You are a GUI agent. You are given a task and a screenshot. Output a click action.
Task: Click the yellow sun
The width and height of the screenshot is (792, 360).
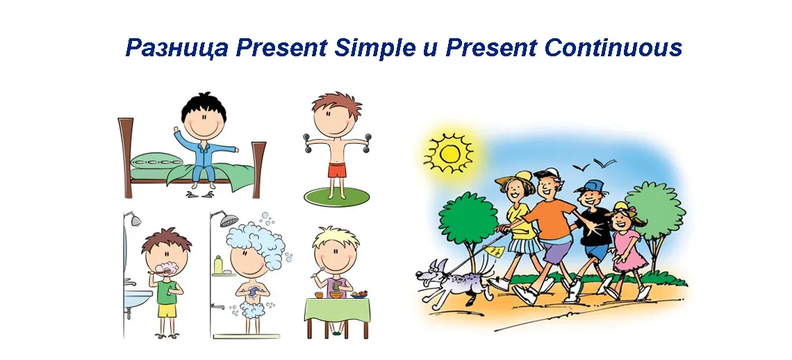pos(448,153)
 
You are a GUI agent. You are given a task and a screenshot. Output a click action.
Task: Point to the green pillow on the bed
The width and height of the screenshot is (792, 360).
pos(156,161)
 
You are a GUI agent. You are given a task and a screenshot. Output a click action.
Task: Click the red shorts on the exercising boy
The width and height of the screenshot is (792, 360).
pos(337,170)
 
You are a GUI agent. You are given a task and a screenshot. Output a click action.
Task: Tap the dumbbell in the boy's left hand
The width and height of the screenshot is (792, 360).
pos(368,142)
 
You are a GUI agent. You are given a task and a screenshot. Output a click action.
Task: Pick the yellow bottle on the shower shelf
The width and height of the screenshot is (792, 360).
pos(218,264)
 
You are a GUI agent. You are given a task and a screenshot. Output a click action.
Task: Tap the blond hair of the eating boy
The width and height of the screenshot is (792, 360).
pos(336,238)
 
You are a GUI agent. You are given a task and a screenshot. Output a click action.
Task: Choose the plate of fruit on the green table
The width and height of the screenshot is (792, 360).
pos(360,294)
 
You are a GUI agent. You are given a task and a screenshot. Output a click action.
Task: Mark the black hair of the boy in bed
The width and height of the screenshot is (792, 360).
pos(204,107)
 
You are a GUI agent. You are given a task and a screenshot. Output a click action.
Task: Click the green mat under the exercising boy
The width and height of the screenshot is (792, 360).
pos(336,196)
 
